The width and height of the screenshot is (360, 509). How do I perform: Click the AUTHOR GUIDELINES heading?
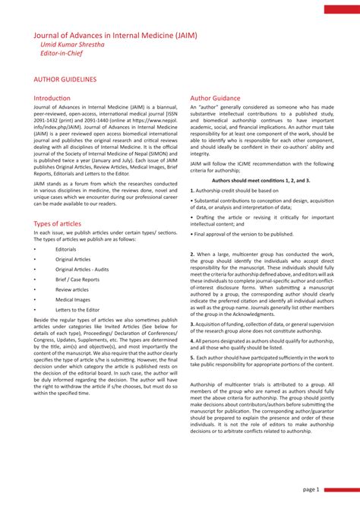(65, 79)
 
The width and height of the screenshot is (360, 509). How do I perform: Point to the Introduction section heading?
(52, 99)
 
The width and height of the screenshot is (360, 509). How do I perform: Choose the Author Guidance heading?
(215, 99)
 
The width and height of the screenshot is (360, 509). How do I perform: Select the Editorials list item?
(66, 249)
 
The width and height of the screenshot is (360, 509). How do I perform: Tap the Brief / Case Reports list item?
(77, 280)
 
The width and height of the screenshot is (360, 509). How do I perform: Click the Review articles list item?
(72, 289)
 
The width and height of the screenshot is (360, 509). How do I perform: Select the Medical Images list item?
(72, 299)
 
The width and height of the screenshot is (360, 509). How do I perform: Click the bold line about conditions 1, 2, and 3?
(261, 181)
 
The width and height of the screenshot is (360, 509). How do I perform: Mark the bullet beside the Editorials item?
(35, 249)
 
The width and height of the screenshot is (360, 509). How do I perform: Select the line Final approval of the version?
(244, 234)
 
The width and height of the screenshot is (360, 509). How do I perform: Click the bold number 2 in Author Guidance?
(192, 253)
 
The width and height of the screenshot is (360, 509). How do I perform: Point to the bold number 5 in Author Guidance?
(192, 356)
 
